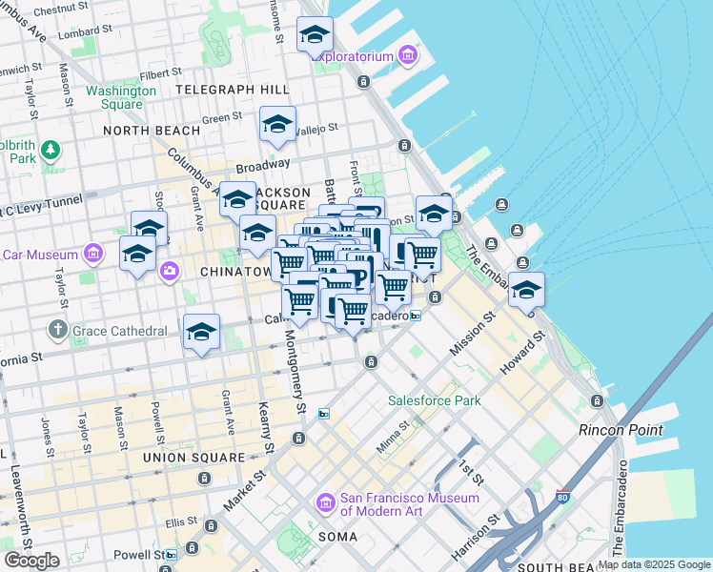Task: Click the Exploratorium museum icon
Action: click(x=409, y=56)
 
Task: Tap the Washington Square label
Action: click(x=121, y=97)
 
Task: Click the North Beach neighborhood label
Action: click(x=152, y=131)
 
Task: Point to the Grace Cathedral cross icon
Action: click(x=57, y=331)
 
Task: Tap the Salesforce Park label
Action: click(x=434, y=400)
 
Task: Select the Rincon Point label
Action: click(x=621, y=430)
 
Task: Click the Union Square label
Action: click(x=194, y=458)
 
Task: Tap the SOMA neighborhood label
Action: click(x=337, y=537)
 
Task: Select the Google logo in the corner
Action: click(x=31, y=561)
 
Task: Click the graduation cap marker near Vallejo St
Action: click(x=277, y=125)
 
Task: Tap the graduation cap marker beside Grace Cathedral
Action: click(x=201, y=333)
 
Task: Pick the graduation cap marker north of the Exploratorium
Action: click(x=315, y=35)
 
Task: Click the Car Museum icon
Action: click(x=93, y=255)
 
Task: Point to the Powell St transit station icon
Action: click(x=170, y=555)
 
